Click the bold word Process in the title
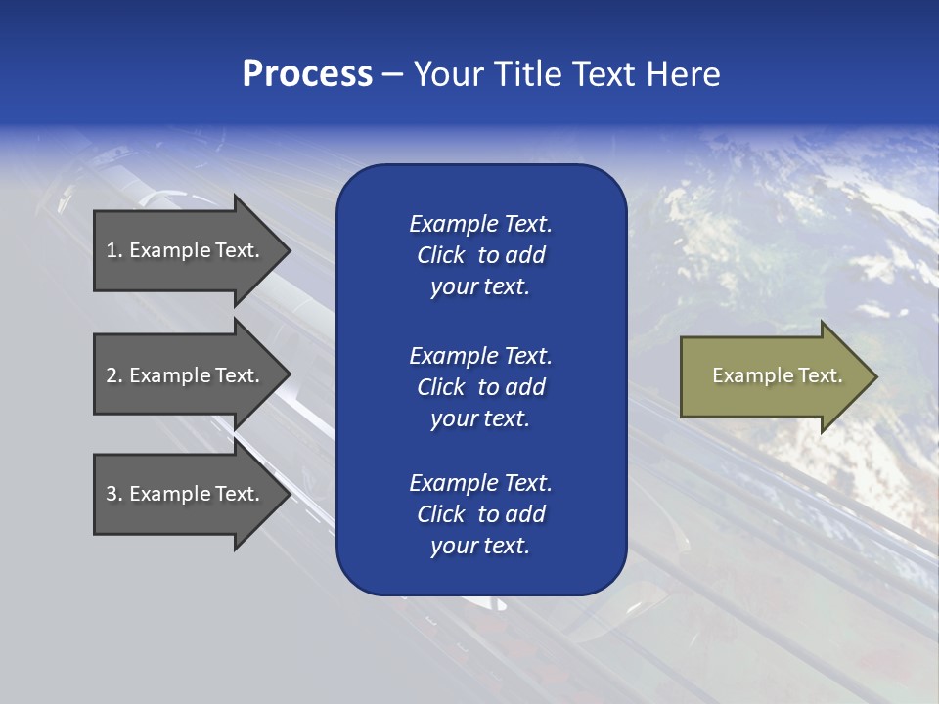point(307,74)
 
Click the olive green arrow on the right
point(773,376)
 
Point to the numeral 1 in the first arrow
point(111,250)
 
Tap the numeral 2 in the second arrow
point(112,375)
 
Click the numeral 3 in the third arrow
point(112,494)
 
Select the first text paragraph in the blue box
point(480,255)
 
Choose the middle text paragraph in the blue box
point(480,387)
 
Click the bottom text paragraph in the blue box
point(480,514)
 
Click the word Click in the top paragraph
point(440,255)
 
